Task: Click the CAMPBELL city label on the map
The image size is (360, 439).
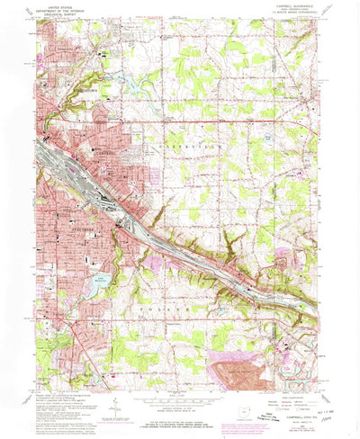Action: [x=106, y=151]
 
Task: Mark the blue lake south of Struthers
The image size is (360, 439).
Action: [x=100, y=283]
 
